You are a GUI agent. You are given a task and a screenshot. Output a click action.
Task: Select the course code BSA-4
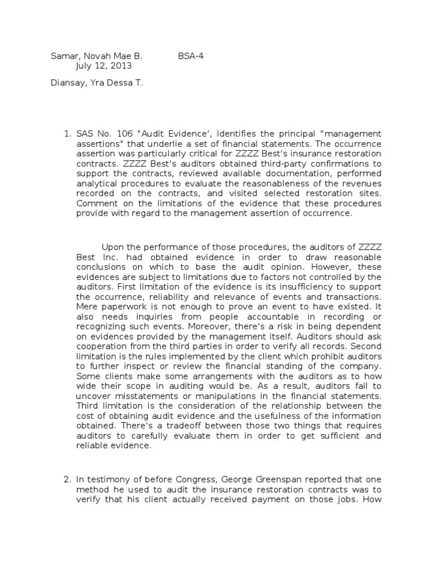190,56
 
